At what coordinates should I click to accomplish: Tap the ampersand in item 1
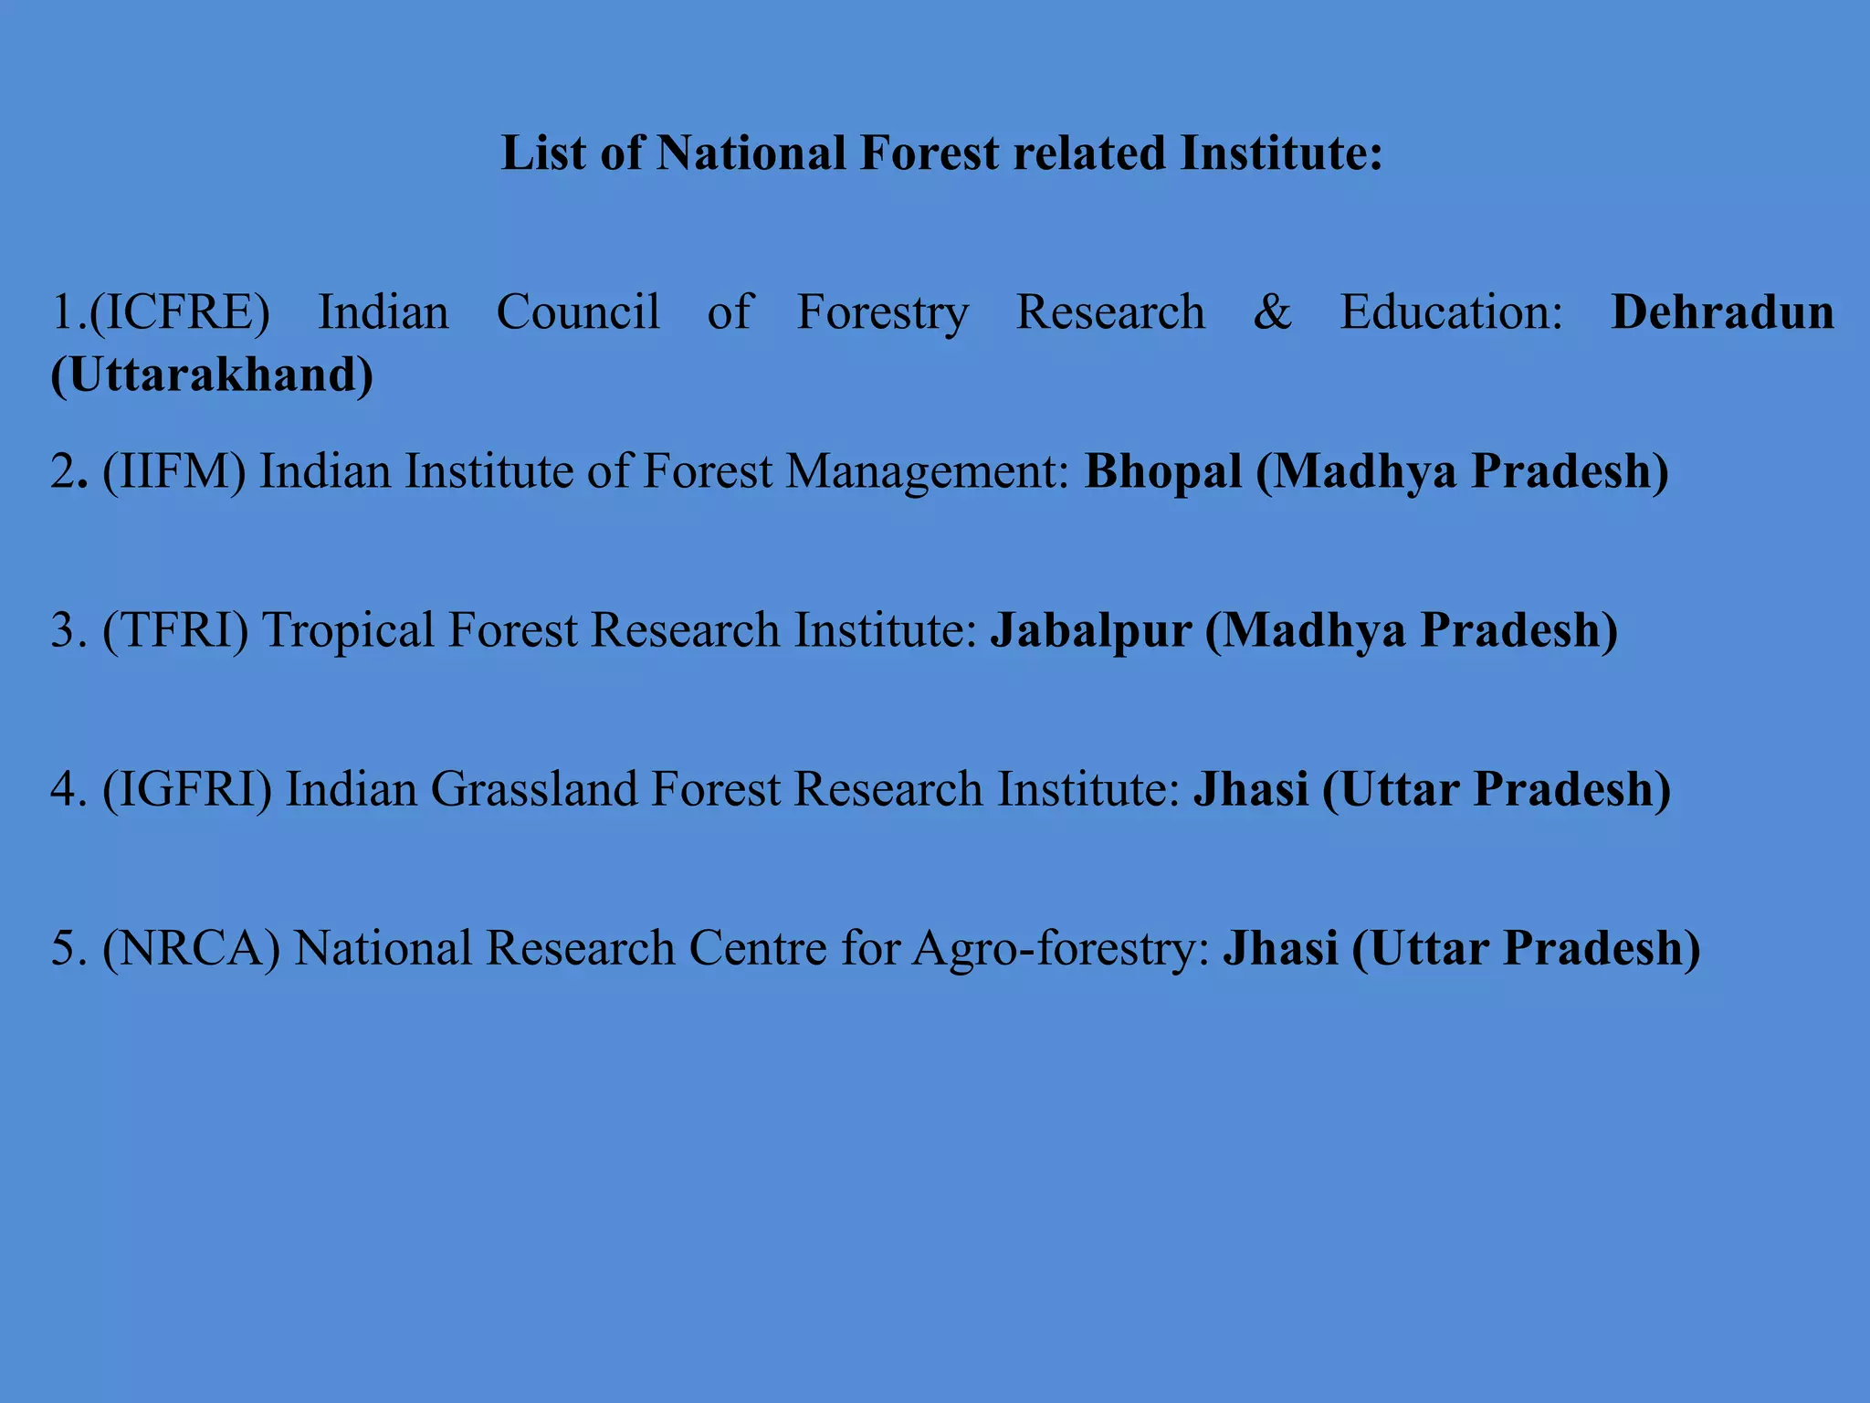[x=1272, y=312]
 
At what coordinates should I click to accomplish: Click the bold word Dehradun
[x=1722, y=312]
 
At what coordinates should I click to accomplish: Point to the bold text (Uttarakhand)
[x=212, y=374]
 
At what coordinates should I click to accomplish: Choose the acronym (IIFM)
[x=174, y=471]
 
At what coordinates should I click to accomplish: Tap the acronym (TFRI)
[x=175, y=630]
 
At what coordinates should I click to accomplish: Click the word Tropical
[x=348, y=630]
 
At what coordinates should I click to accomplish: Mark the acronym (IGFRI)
[x=187, y=789]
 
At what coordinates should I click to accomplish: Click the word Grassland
[x=533, y=789]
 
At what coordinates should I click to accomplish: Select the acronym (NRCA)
[x=191, y=948]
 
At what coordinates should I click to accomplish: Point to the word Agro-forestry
[x=1061, y=948]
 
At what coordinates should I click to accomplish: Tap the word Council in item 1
[x=578, y=312]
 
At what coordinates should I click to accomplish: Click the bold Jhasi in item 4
[x=1251, y=789]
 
